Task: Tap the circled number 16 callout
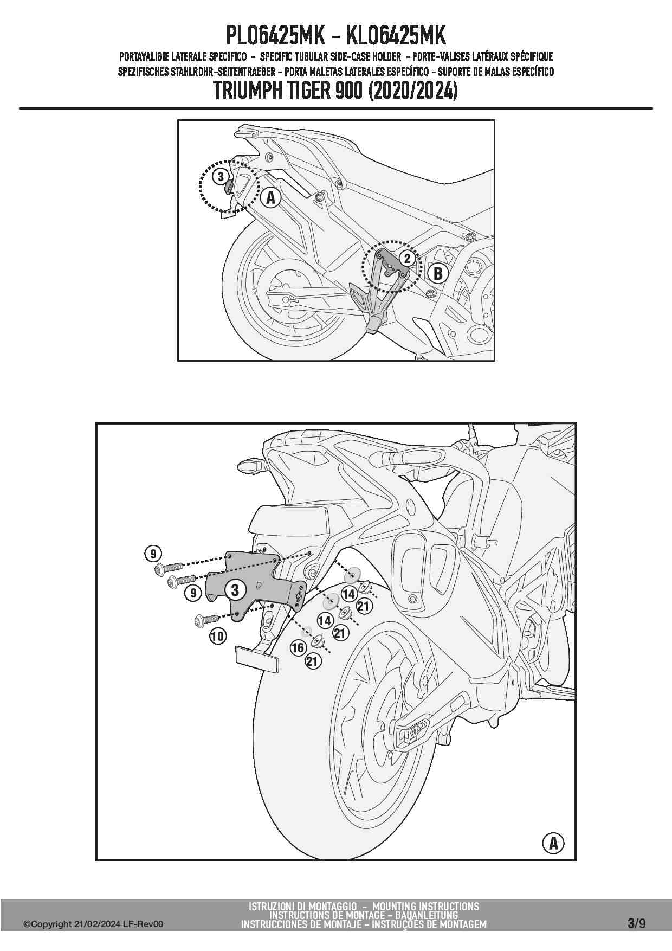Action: pos(298,647)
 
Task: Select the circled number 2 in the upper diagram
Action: pos(407,259)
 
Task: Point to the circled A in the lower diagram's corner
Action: pos(553,843)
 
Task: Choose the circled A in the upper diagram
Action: pos(271,198)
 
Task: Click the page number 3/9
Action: pos(636,923)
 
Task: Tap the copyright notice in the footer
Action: pos(93,924)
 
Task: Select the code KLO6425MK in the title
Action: pos(396,36)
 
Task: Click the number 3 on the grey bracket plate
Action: pos(235,589)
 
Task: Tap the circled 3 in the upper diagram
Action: pos(220,176)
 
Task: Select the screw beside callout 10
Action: pos(205,619)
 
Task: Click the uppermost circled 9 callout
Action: pos(153,554)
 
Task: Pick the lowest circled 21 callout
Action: pos(312,661)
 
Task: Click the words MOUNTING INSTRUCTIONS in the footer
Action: pos(426,906)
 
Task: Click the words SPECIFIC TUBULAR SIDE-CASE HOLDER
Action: pos(331,56)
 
